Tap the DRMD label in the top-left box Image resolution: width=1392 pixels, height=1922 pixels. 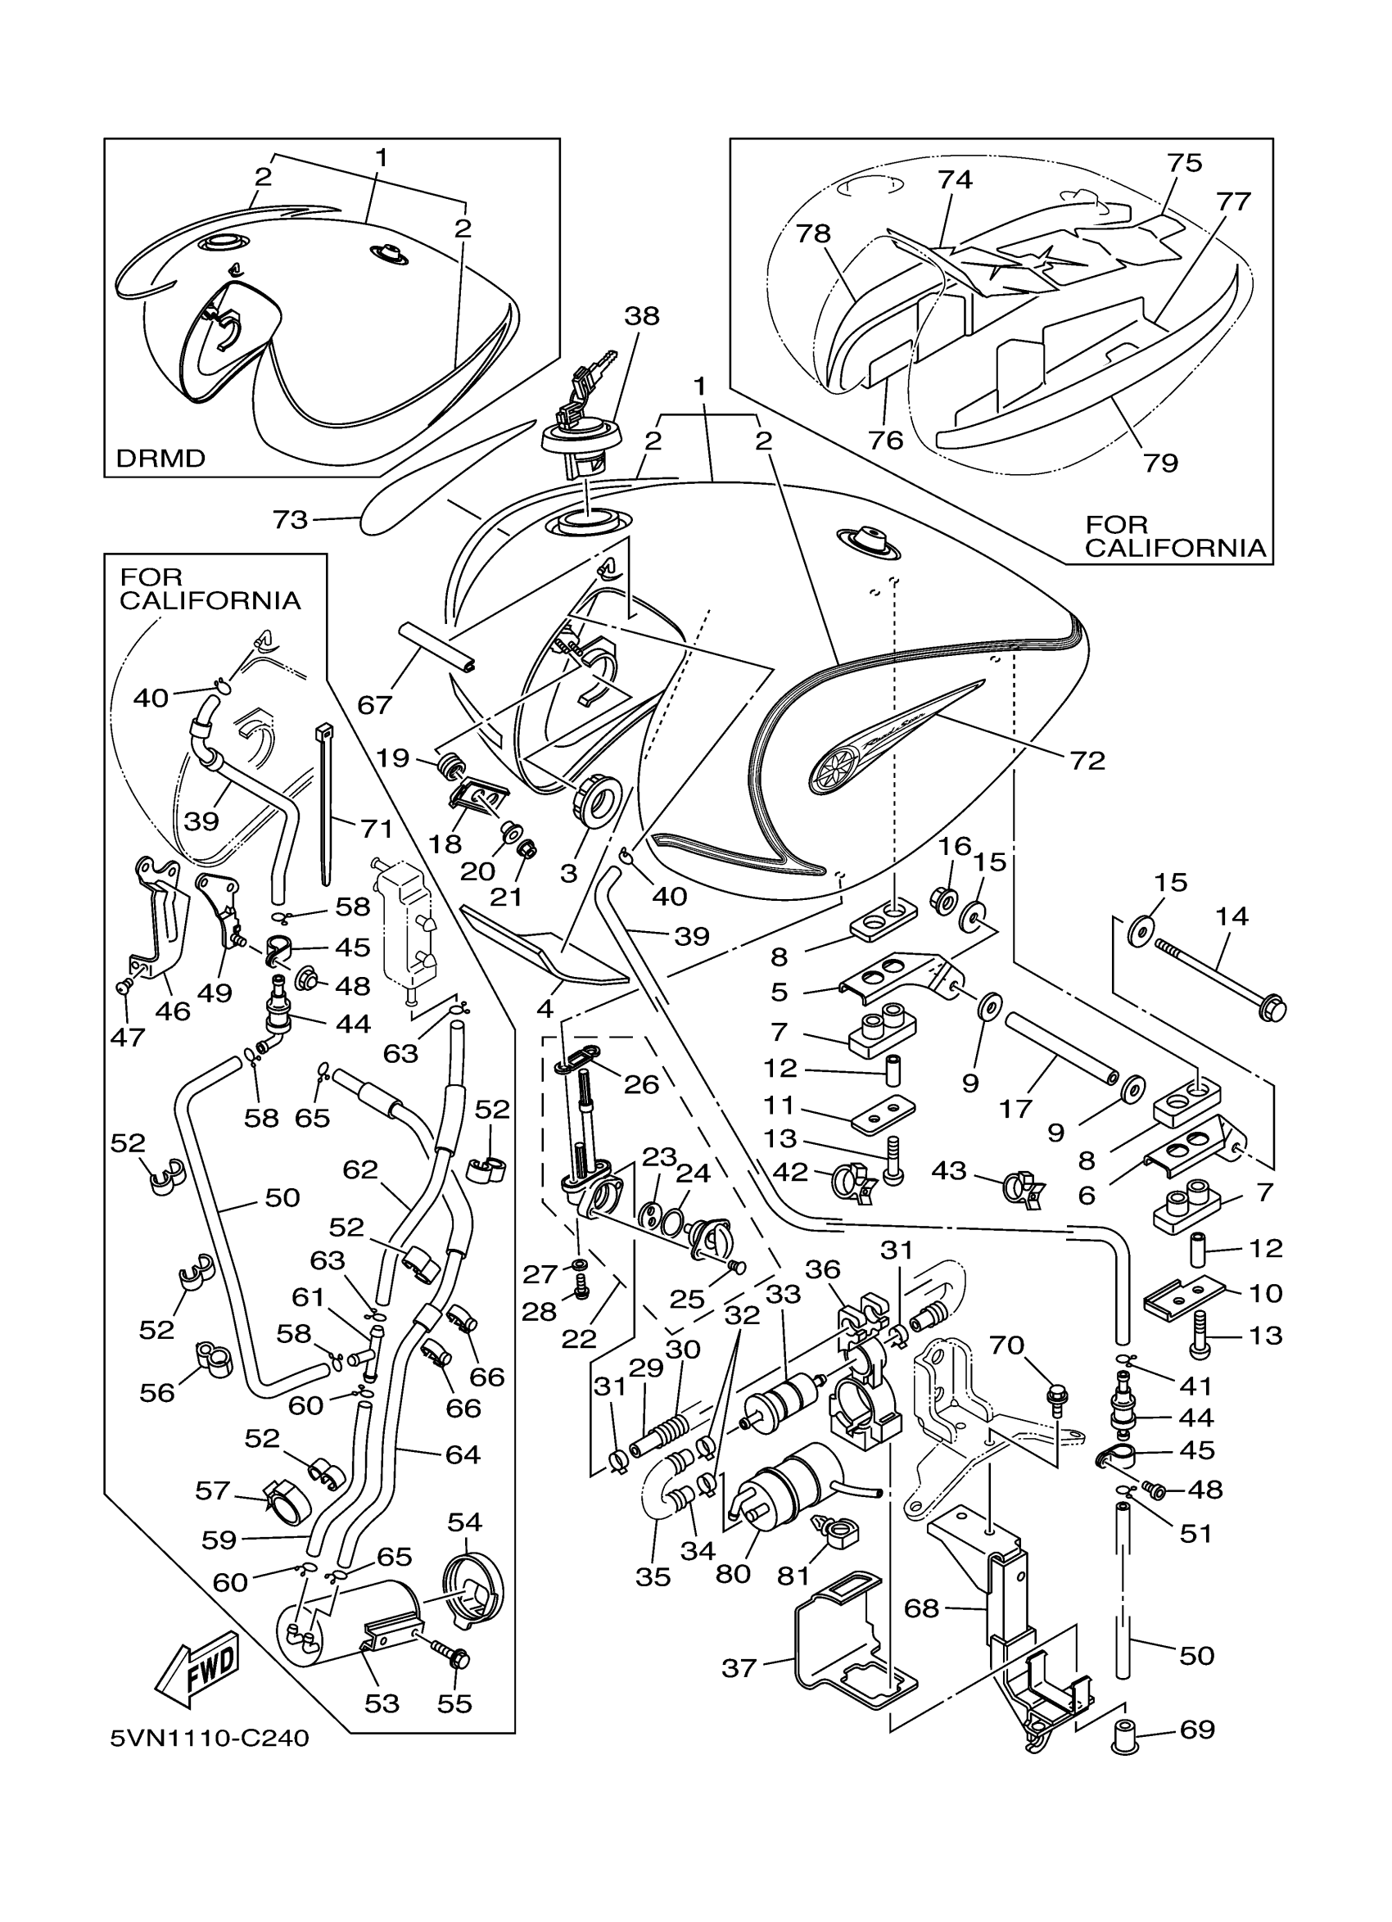pos(160,459)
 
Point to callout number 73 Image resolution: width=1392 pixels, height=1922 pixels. pos(290,518)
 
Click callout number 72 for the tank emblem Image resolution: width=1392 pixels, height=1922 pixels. pos(1088,760)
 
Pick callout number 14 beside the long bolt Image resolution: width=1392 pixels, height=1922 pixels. pos(1232,916)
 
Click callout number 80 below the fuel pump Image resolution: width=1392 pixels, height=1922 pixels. pos(733,1573)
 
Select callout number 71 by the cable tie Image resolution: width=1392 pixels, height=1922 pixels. pos(376,828)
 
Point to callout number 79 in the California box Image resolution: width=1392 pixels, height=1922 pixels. pos(1161,462)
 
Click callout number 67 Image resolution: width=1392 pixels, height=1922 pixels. pos(374,704)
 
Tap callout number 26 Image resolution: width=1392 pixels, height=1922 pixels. pos(641,1084)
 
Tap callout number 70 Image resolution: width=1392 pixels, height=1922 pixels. pos(1006,1345)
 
